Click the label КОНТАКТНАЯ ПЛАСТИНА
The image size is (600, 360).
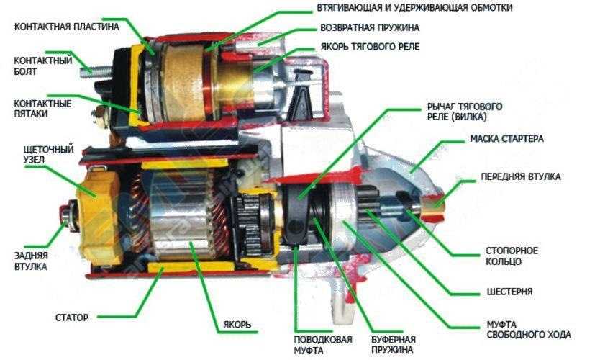[67, 27]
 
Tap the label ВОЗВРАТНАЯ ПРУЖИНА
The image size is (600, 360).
[370, 28]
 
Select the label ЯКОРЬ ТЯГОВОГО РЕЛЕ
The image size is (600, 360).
[370, 47]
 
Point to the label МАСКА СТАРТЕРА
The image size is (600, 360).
[506, 139]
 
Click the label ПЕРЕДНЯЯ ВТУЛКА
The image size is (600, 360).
[520, 176]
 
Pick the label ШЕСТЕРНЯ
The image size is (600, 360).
[509, 292]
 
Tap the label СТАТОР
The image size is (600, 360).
[71, 318]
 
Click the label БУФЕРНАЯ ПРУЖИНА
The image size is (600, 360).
[394, 344]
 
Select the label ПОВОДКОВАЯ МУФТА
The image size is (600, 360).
[322, 345]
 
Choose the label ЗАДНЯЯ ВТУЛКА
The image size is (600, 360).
[31, 261]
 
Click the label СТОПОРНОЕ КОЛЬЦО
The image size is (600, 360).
[512, 256]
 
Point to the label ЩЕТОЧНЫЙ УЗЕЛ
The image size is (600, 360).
[48, 154]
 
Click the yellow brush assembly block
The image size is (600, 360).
[99, 217]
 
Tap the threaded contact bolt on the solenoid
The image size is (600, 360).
[96, 71]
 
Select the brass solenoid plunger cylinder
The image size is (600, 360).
[235, 86]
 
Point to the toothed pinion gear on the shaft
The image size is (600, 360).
[368, 206]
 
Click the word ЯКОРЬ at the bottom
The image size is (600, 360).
[237, 325]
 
